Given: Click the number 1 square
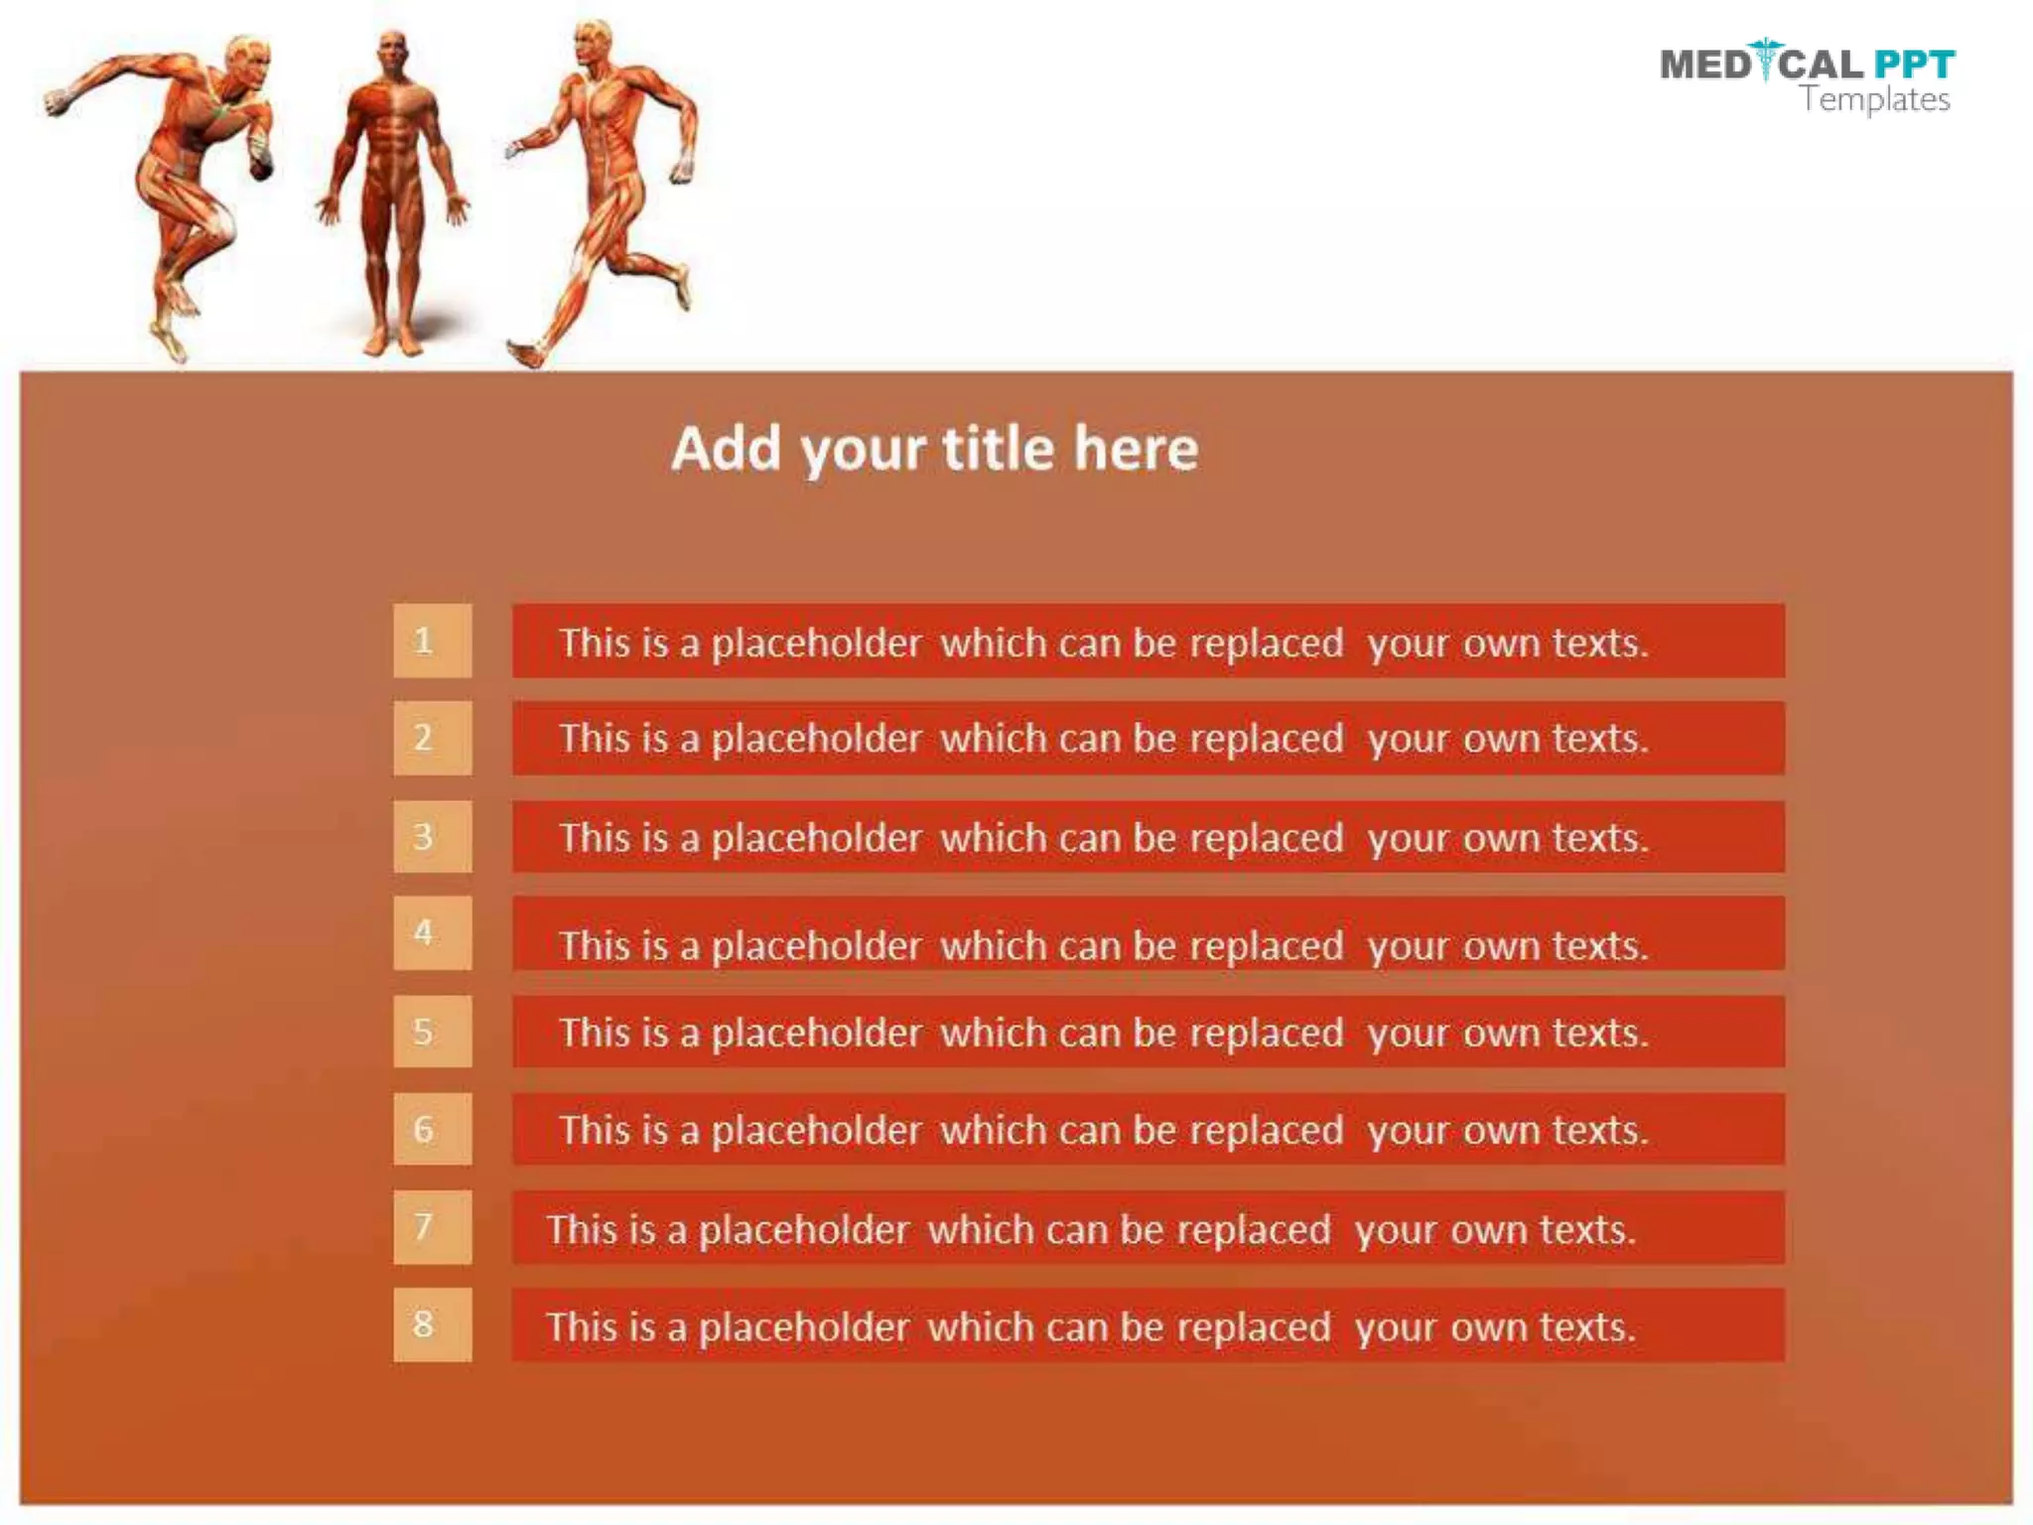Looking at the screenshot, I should [x=432, y=640].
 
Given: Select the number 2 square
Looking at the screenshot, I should [x=432, y=738].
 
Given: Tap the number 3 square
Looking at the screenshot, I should [x=432, y=836].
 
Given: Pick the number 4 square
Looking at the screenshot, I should [x=432, y=932].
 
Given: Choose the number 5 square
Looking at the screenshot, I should [x=432, y=1032].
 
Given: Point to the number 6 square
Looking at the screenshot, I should [x=432, y=1129].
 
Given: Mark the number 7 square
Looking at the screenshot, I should [x=432, y=1227].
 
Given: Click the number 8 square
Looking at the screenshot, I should [x=432, y=1324].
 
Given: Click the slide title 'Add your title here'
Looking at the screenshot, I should [x=934, y=449].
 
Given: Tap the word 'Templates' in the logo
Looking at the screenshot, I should [x=1875, y=99].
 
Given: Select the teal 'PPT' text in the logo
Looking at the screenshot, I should [x=1914, y=65].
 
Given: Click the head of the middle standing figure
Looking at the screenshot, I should [x=394, y=52].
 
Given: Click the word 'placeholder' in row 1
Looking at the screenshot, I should [x=816, y=643].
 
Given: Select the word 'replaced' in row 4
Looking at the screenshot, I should [x=1266, y=946].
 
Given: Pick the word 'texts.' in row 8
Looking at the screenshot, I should [x=1587, y=1327].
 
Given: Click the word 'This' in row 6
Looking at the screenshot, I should [x=594, y=1130].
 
